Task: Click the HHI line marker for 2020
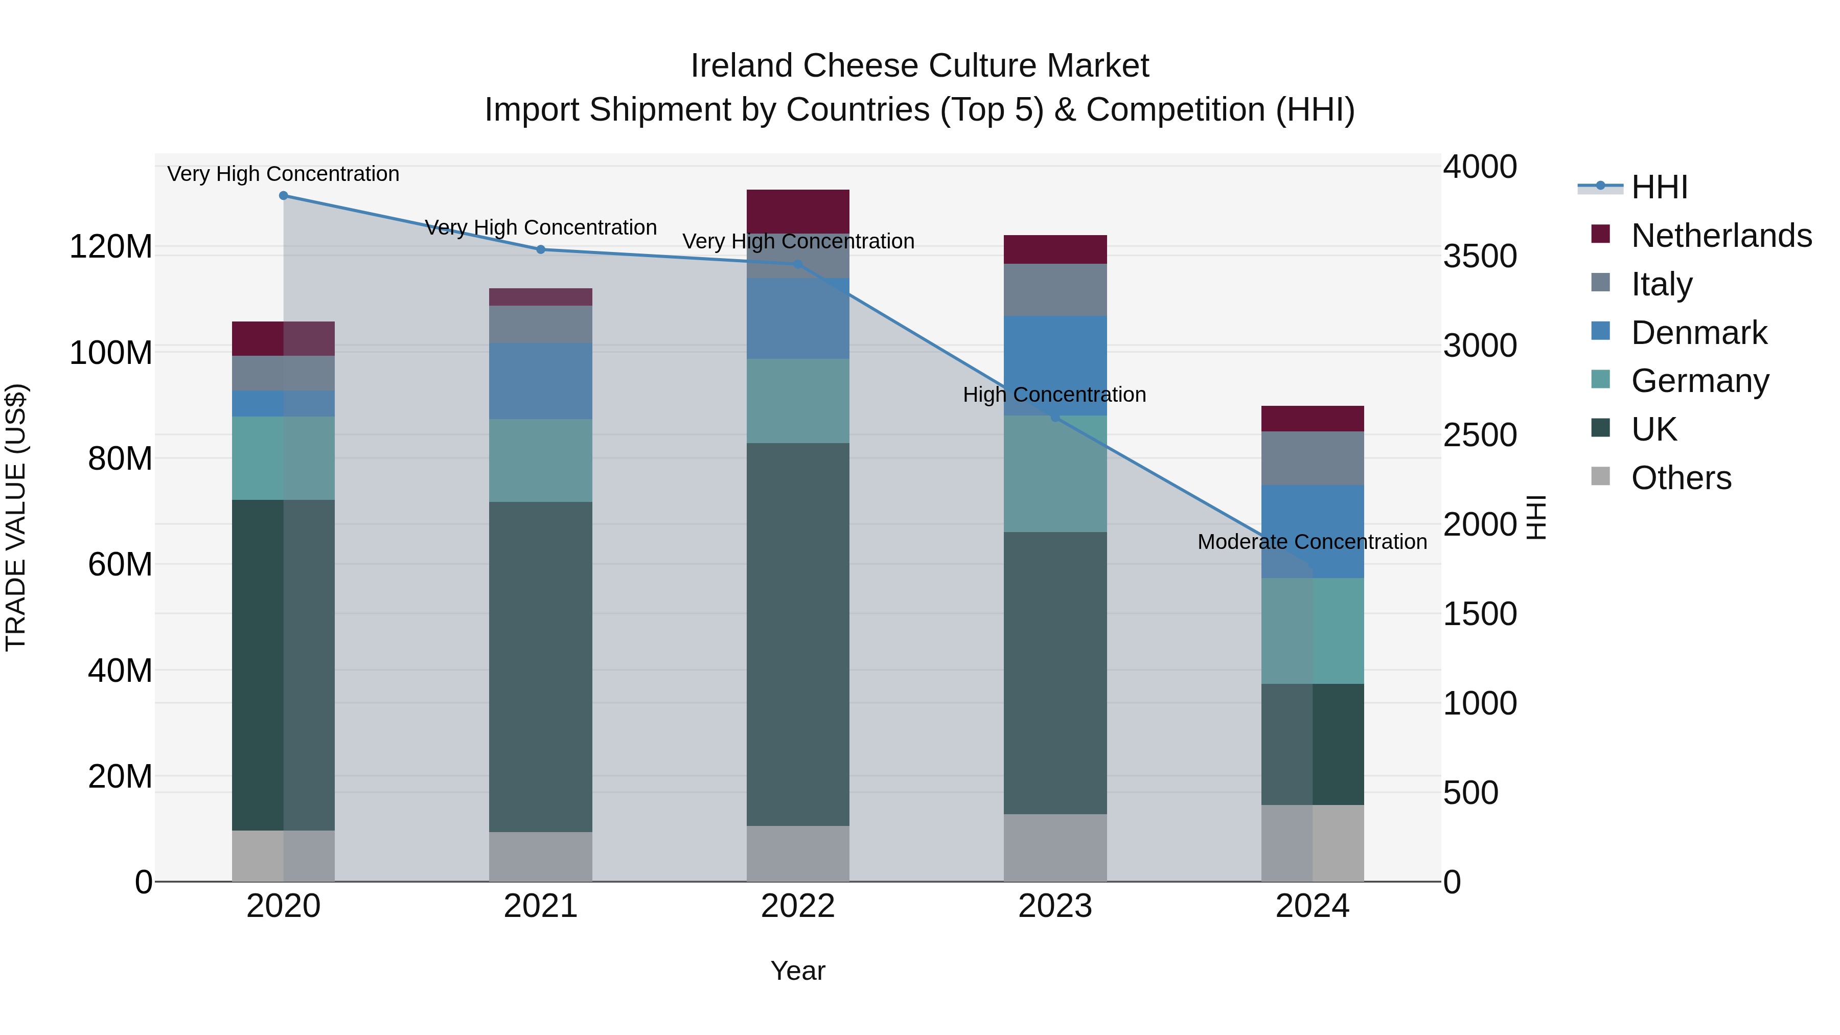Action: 284,196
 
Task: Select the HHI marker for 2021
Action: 541,249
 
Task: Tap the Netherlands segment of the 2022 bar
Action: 798,211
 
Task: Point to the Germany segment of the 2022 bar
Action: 798,401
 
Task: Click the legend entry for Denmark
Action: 1698,333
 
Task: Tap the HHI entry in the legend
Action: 1659,187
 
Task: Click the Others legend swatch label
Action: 1681,478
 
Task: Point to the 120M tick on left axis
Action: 111,247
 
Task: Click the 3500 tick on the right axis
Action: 1479,257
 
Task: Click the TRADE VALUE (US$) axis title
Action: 16,517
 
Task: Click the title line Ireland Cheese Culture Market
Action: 919,66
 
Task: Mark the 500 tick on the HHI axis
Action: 1470,793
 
